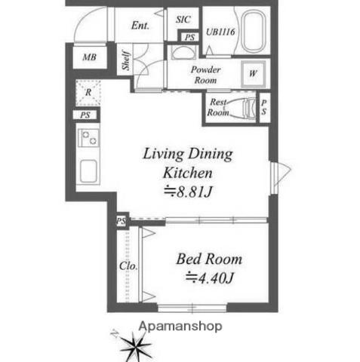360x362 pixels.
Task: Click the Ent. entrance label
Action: click(x=140, y=25)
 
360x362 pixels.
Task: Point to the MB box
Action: click(x=89, y=57)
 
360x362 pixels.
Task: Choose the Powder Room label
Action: click(x=205, y=73)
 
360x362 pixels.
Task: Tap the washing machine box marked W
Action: click(x=252, y=74)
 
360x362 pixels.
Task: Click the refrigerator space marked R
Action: click(x=88, y=93)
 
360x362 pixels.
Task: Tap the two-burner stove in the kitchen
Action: click(x=89, y=139)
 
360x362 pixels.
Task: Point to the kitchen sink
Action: click(x=88, y=170)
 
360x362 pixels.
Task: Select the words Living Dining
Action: click(x=189, y=155)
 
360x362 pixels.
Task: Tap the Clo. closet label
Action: click(x=128, y=265)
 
